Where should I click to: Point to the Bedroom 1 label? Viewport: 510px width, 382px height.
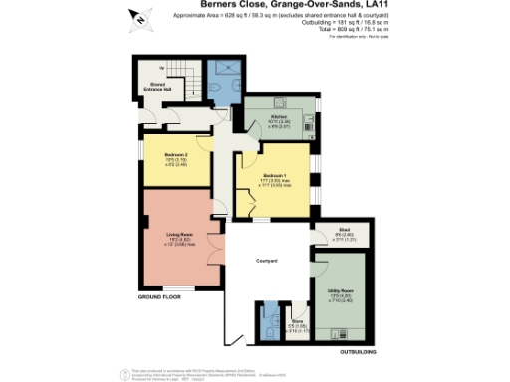(276, 180)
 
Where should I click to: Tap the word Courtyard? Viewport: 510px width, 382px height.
(266, 261)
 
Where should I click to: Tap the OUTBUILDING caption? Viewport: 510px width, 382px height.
(358, 351)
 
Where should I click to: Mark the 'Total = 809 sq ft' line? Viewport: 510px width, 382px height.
(324, 30)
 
